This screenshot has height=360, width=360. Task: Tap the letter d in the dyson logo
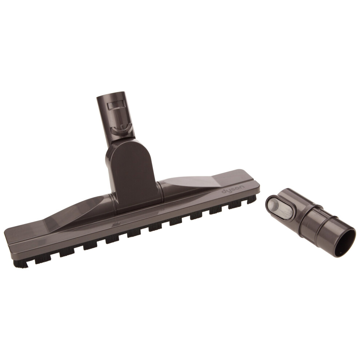[x=224, y=192]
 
